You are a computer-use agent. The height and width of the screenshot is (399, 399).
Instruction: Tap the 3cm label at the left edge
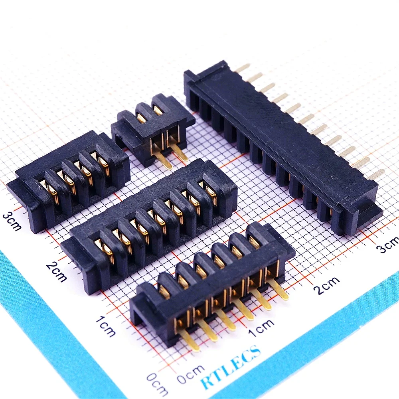pos(12,221)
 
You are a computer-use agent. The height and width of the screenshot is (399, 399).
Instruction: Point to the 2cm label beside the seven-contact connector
pos(56,272)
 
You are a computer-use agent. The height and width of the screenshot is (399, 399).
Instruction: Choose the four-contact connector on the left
pos(68,180)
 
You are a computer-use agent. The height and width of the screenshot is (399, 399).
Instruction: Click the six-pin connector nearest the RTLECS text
pos(211,283)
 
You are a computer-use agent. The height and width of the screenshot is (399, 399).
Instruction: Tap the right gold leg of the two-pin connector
pos(181,153)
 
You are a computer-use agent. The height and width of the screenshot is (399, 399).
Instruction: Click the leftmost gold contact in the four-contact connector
pos(52,194)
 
